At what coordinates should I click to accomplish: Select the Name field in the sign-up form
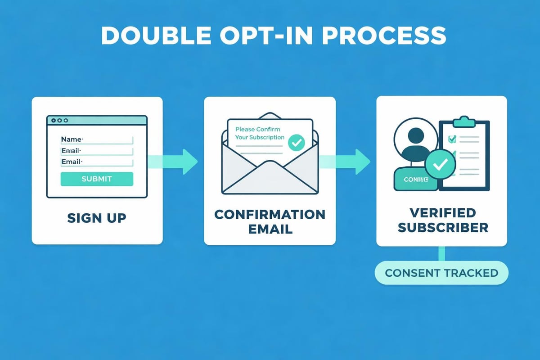click(97, 139)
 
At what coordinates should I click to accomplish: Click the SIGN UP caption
click(97, 218)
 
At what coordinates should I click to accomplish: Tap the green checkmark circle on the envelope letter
click(296, 143)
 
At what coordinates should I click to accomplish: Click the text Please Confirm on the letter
click(257, 130)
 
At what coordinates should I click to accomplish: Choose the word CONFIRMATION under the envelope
click(270, 214)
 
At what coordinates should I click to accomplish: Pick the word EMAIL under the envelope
click(270, 229)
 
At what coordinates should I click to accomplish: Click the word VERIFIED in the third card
click(443, 212)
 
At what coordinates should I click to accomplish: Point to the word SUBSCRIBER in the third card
click(443, 227)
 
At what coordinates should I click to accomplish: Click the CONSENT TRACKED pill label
click(441, 273)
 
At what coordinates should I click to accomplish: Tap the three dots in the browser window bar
click(59, 121)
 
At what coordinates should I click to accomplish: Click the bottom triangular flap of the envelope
click(270, 180)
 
